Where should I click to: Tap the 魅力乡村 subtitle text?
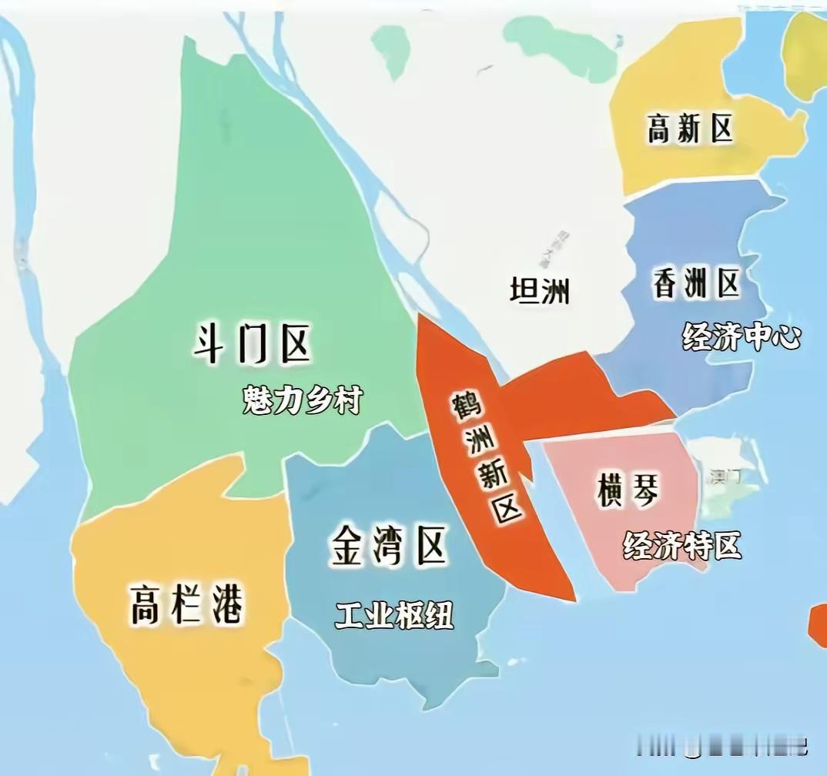point(302,400)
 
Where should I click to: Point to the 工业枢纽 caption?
point(394,614)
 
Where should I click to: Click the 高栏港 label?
point(186,604)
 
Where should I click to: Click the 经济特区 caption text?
point(682,545)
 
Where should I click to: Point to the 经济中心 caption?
point(742,336)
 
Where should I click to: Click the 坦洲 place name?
point(540,291)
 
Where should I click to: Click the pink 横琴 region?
point(608,554)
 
